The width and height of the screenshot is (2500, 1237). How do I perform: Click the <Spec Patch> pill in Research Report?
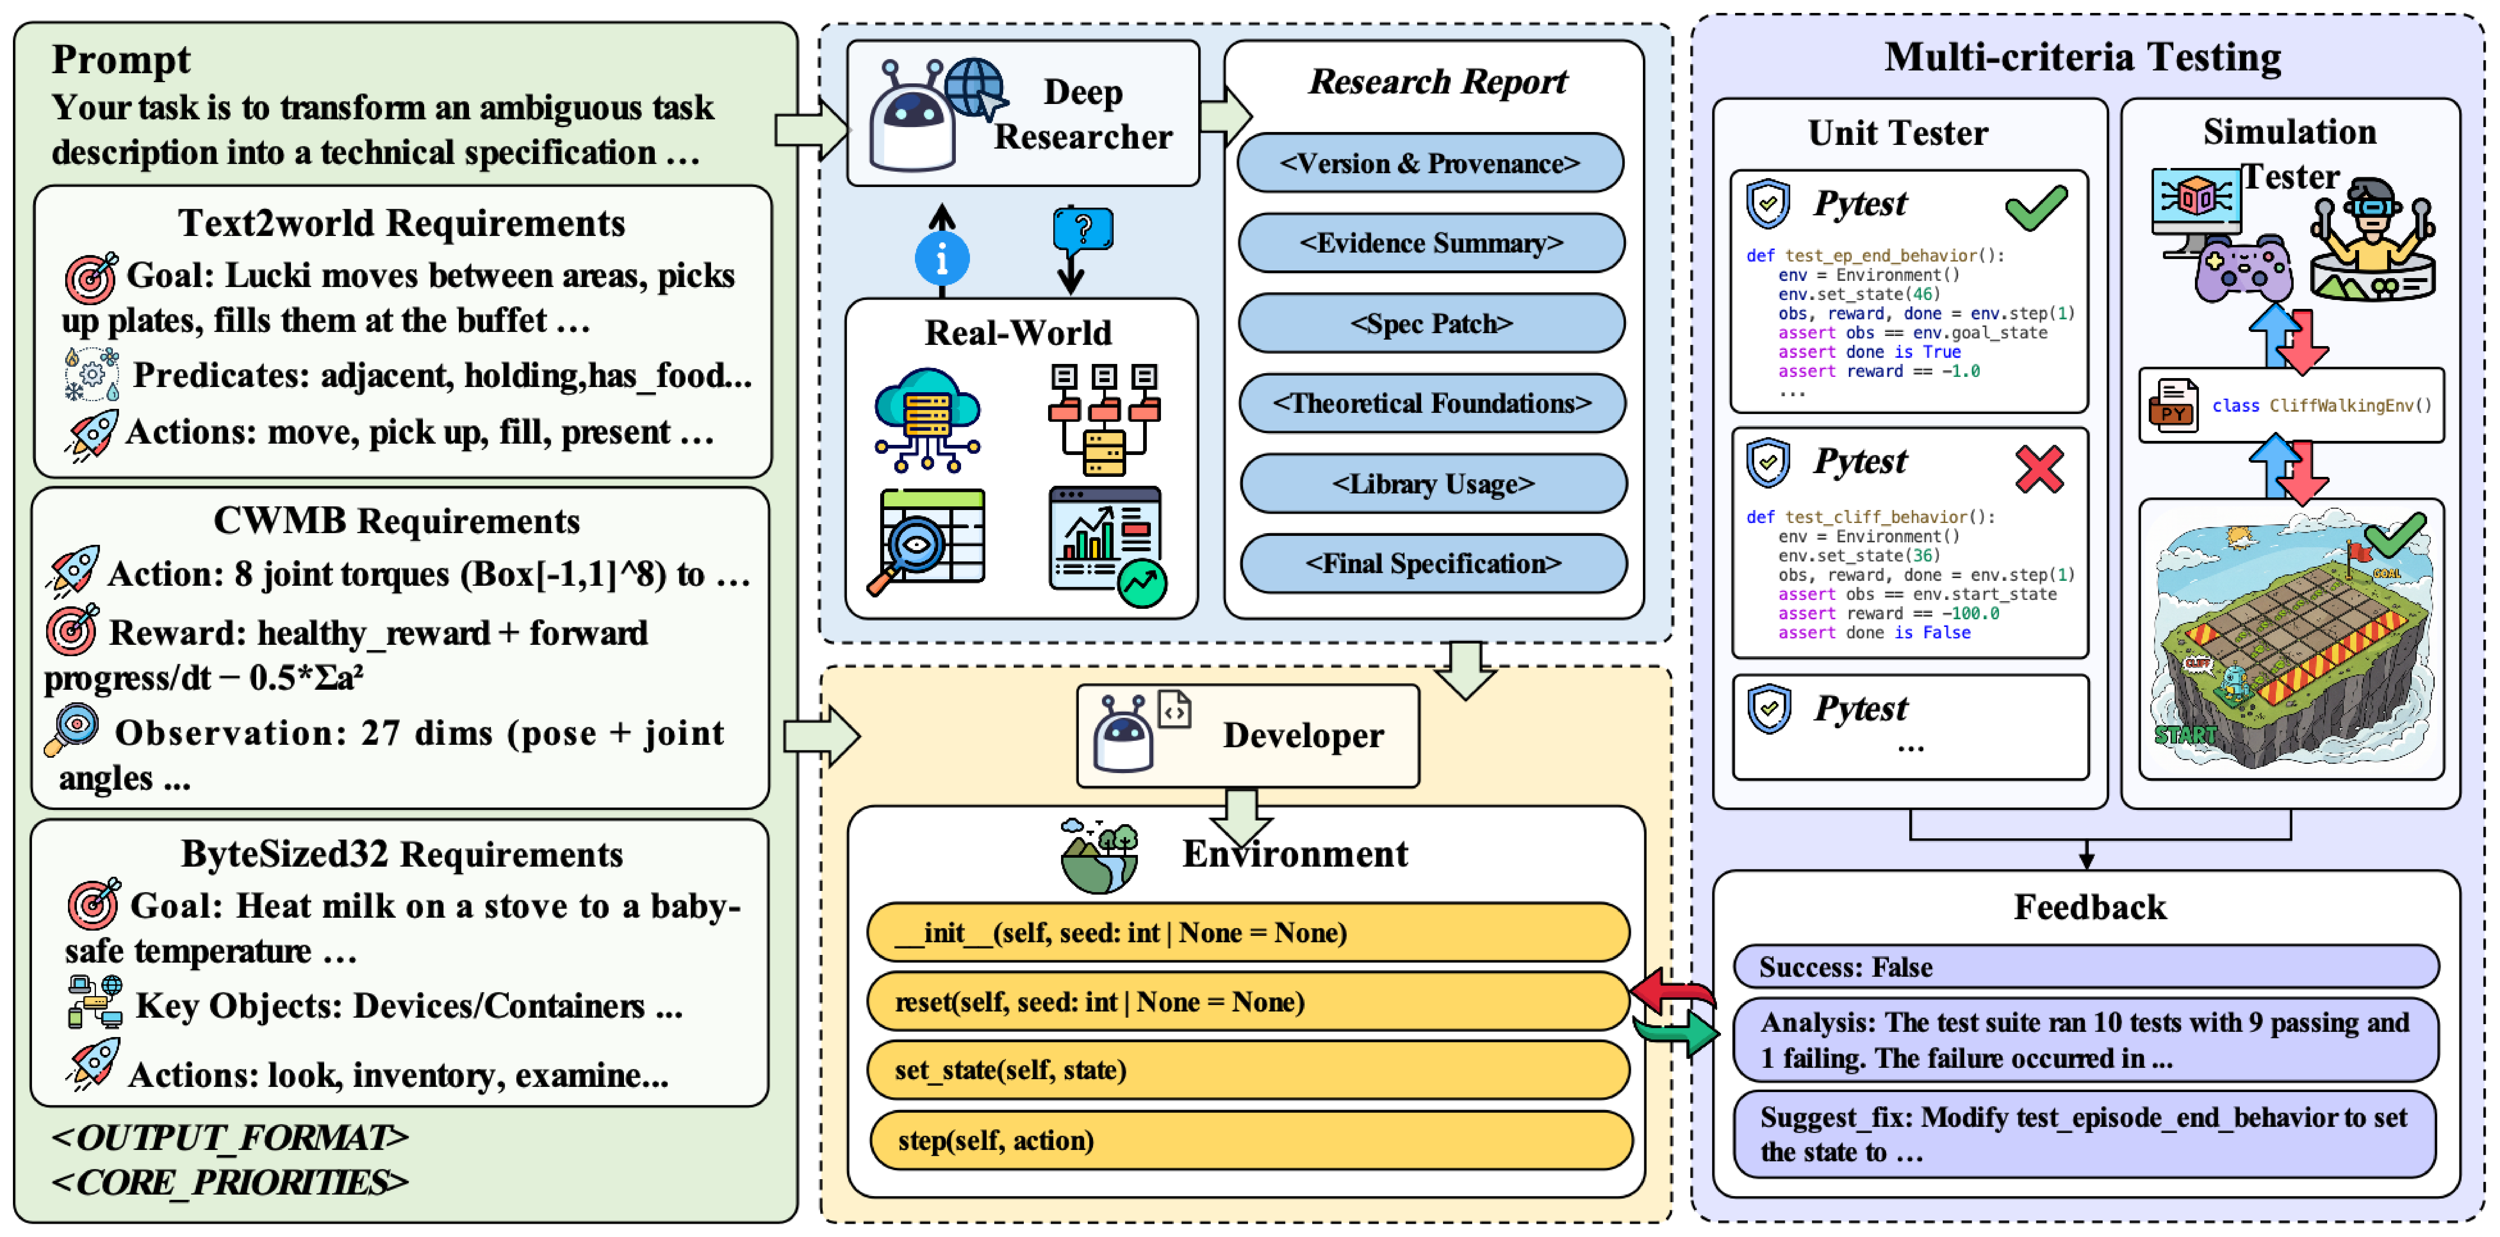tap(1432, 323)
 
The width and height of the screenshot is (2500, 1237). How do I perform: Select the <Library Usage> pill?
tap(1433, 484)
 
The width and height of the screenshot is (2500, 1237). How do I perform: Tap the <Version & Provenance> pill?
tap(1429, 163)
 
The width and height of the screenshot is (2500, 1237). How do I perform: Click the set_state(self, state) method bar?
tap(1247, 1070)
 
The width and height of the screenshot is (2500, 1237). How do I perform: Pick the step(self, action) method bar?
tap(1250, 1140)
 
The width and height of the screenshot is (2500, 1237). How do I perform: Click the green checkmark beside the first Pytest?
tap(2035, 207)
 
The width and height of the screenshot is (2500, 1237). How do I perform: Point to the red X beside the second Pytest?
tap(2039, 469)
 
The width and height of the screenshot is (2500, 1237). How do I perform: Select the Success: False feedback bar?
tap(2085, 967)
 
